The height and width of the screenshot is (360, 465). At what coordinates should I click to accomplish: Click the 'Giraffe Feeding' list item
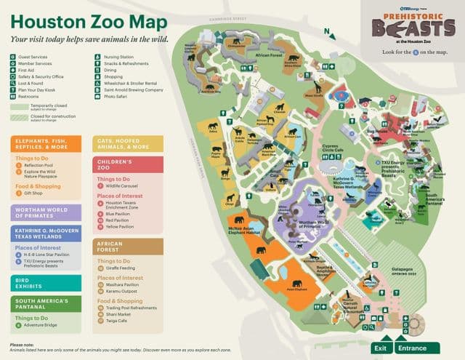(125, 268)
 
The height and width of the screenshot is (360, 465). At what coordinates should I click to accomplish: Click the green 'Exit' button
(380, 348)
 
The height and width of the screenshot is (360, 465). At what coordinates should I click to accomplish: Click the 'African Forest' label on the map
(270, 55)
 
